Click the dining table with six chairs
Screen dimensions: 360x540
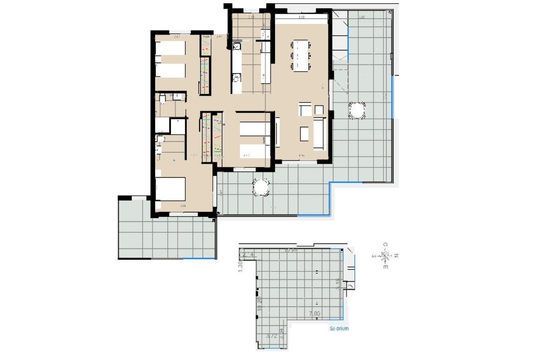[301, 55]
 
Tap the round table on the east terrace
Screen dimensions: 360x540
[356, 111]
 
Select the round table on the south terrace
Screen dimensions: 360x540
[261, 187]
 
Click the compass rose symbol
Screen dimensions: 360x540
[385, 256]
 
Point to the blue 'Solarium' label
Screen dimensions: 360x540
[339, 328]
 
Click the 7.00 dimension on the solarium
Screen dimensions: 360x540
[315, 314]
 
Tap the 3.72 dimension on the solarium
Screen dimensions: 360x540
[271, 336]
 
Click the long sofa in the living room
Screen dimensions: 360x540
[319, 134]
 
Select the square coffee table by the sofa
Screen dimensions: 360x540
[305, 133]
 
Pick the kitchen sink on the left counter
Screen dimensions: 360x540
[237, 45]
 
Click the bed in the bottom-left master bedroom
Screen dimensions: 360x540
[170, 189]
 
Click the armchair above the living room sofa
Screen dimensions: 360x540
[305, 109]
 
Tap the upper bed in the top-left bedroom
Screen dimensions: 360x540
[170, 48]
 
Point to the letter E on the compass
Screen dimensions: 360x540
[385, 266]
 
